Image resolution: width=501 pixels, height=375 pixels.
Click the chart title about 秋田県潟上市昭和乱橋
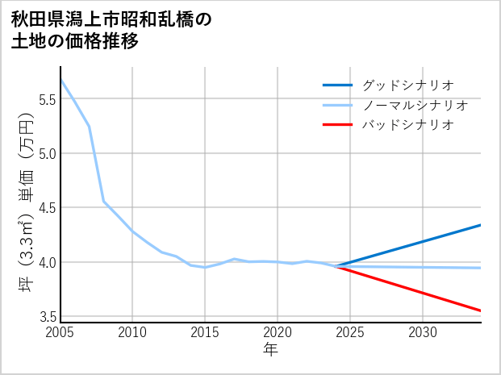click(x=111, y=31)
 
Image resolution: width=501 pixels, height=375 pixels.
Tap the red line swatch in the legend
click(x=337, y=125)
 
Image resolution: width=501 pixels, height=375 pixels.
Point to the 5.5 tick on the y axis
click(x=47, y=99)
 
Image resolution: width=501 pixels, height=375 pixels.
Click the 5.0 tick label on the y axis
click(x=47, y=153)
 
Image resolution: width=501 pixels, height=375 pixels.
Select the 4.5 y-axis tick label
click(x=47, y=208)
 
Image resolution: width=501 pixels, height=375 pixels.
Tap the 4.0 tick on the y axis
click(x=47, y=262)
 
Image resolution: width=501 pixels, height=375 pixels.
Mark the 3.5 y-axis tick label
click(x=47, y=316)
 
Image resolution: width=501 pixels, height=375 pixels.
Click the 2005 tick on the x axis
click(x=61, y=332)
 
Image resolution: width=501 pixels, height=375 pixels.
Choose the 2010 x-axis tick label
click(x=132, y=332)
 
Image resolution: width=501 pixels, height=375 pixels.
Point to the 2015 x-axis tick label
click(x=205, y=332)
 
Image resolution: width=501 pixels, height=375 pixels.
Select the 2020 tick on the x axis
click(x=278, y=332)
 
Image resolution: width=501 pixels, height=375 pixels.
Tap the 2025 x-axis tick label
click(x=350, y=332)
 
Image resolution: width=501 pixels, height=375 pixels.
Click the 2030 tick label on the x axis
click(x=423, y=332)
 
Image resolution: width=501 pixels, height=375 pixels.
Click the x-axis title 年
click(x=270, y=350)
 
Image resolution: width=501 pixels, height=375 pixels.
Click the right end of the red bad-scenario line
click(x=480, y=310)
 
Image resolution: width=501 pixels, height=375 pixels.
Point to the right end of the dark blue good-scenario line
click(x=480, y=225)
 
